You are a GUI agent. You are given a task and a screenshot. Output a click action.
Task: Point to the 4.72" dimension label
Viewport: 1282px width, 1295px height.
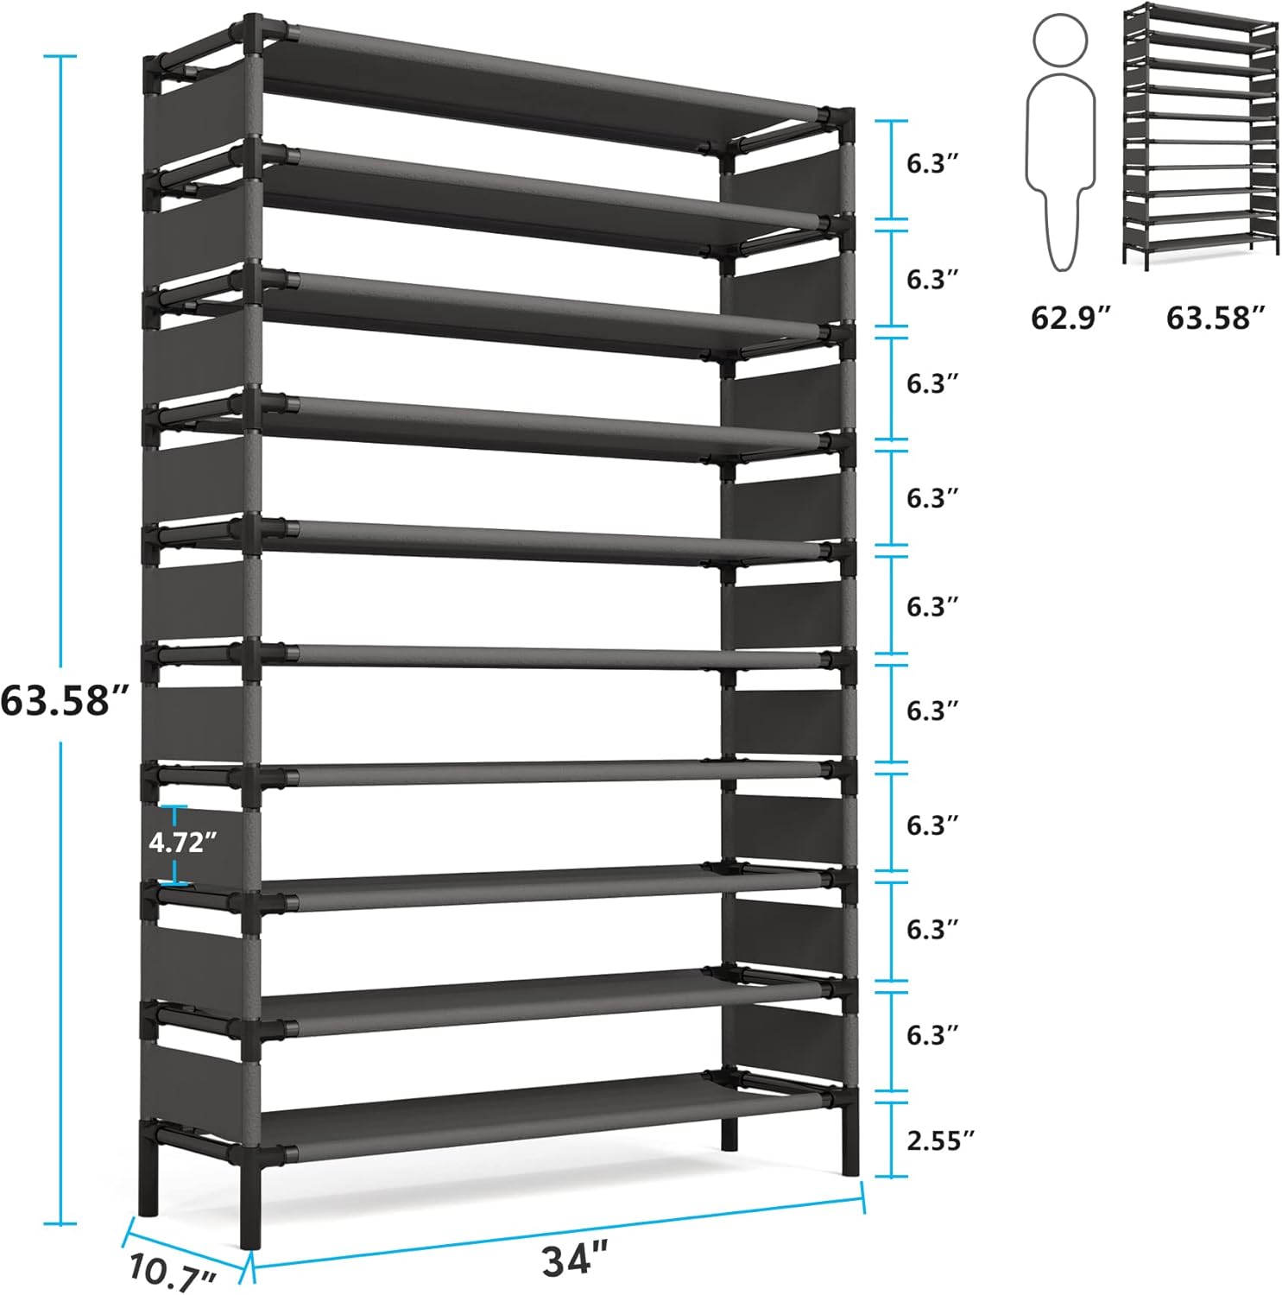181,842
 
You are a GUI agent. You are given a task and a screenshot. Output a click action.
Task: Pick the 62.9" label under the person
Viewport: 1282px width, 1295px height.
1070,318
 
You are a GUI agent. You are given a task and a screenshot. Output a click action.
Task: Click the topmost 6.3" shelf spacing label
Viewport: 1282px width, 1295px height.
932,164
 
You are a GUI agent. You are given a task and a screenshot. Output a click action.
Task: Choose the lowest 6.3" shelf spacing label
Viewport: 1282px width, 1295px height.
932,1034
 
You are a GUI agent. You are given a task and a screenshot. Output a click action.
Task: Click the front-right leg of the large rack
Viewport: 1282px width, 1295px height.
849,1140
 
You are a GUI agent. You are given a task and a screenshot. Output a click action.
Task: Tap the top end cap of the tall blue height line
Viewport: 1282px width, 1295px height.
60,56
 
